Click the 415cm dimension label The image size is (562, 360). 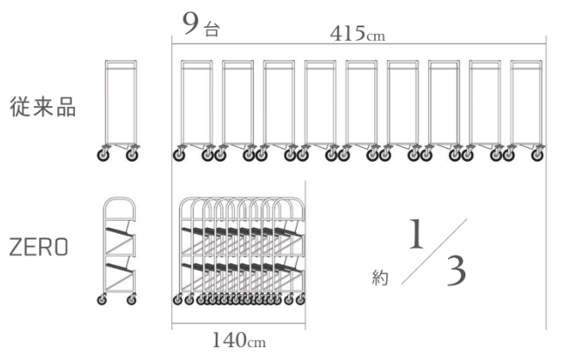(x=358, y=34)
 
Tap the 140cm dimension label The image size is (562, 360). (x=239, y=340)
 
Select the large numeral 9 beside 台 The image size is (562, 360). (x=191, y=23)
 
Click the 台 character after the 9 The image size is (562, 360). (x=211, y=29)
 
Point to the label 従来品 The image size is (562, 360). (x=43, y=106)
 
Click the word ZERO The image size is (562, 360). (x=38, y=247)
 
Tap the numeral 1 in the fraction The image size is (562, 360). (x=416, y=234)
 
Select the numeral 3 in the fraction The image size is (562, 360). (x=456, y=270)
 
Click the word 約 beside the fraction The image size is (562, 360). (x=380, y=277)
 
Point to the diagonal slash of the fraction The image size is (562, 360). (x=434, y=251)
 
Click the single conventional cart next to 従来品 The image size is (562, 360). (x=118, y=110)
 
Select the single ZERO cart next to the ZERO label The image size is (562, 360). (x=117, y=250)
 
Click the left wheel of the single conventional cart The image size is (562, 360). (x=104, y=155)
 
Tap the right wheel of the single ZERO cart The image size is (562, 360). (x=131, y=299)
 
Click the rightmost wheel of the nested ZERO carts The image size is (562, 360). (x=300, y=299)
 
